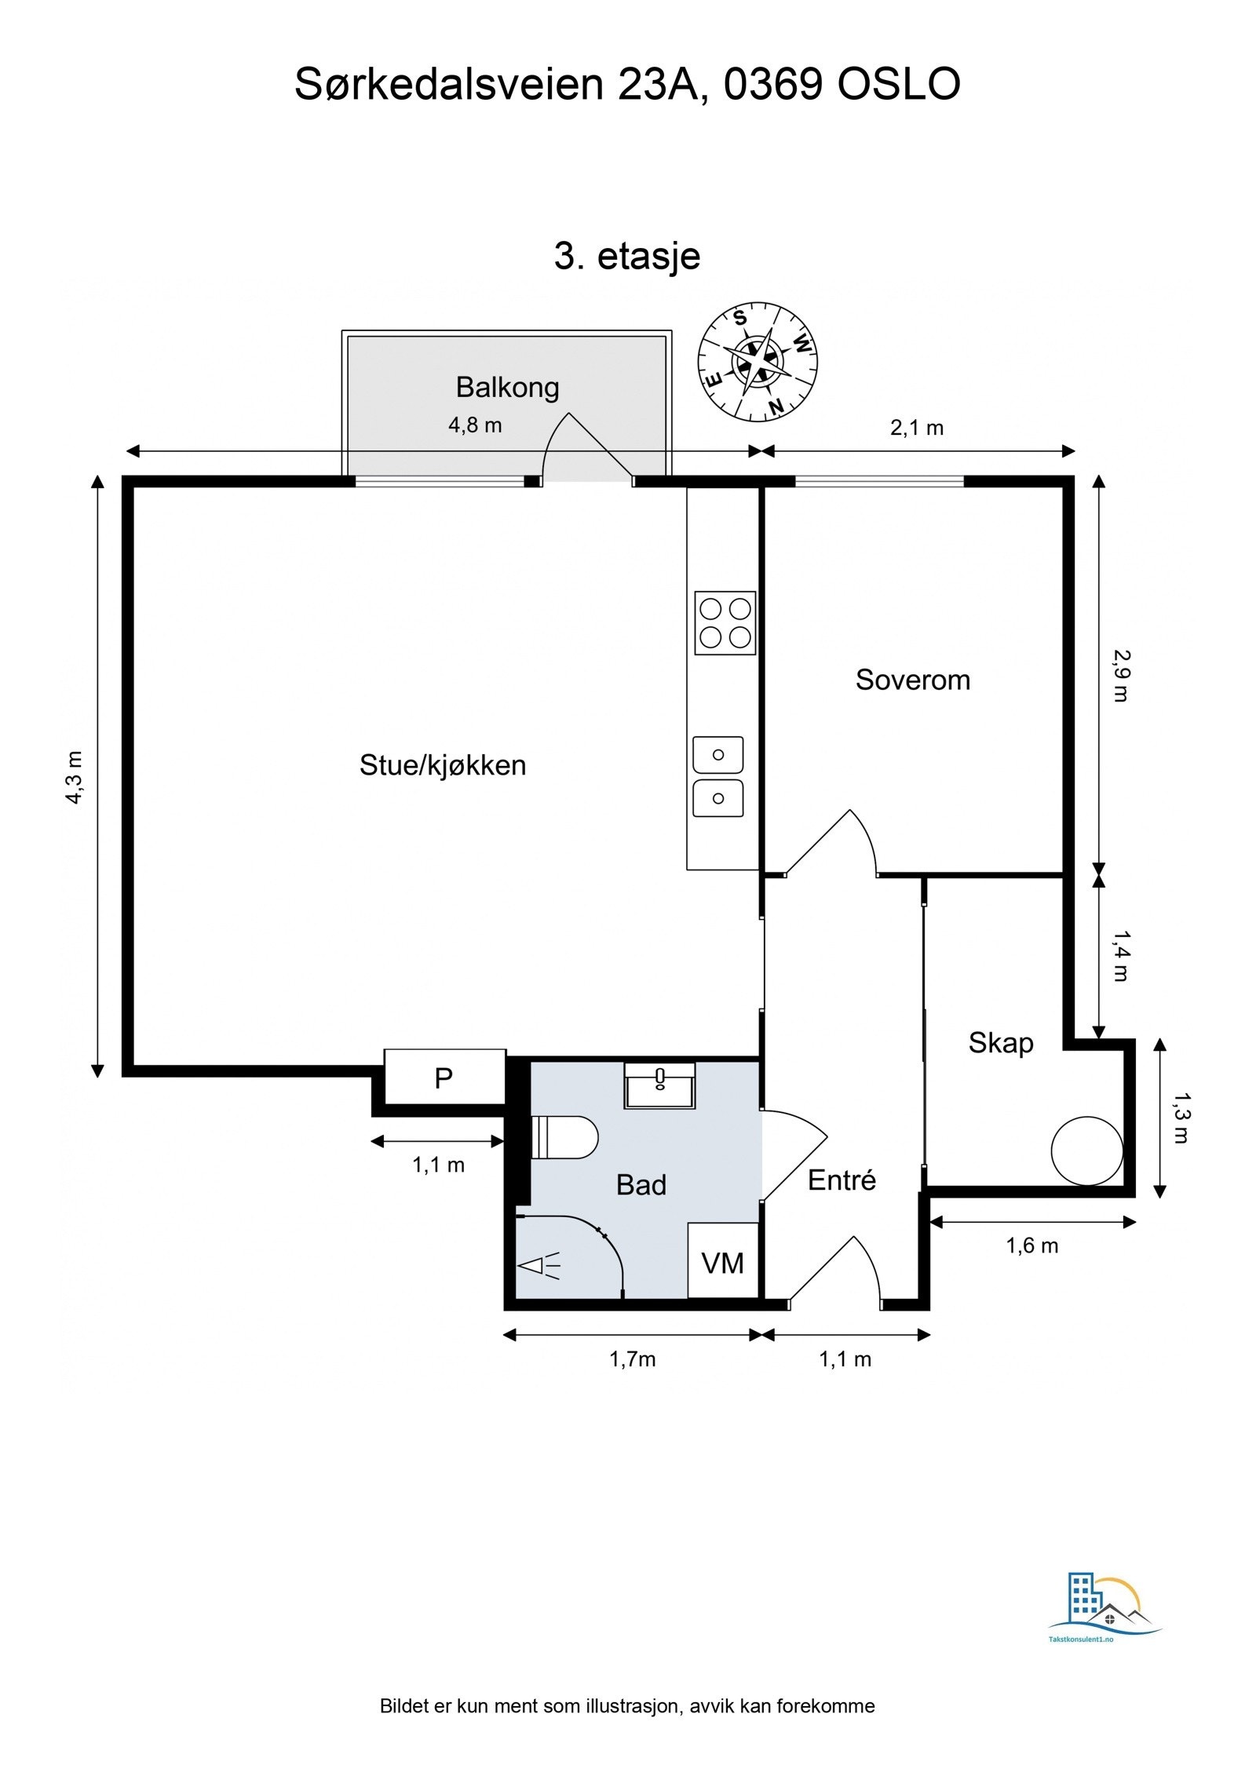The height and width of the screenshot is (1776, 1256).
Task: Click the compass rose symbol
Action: coord(758,362)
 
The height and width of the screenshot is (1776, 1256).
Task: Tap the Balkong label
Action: coord(507,387)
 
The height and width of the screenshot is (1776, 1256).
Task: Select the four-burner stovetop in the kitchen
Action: coord(725,622)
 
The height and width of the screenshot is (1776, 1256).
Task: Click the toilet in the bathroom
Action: coord(564,1137)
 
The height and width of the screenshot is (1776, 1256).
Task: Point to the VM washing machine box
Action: coord(723,1261)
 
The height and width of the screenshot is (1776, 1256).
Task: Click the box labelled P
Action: coord(444,1078)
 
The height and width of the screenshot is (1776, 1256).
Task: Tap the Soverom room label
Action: coord(913,680)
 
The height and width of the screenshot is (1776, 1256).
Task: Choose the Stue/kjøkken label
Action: coord(443,765)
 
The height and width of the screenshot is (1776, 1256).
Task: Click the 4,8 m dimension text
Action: coord(475,425)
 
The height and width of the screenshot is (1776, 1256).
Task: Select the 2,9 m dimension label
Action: coord(1120,676)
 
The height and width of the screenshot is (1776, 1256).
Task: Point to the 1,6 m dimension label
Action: coord(1032,1245)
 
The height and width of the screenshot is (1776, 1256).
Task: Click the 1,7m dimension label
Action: coord(633,1358)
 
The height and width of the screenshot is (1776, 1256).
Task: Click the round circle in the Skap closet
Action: coord(1087,1151)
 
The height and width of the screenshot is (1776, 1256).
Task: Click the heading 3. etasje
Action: coord(627,256)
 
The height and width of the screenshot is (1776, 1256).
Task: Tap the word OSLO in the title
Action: coord(898,84)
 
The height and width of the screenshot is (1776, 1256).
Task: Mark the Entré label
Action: coord(842,1180)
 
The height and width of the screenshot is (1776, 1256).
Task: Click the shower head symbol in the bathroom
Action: coord(539,1265)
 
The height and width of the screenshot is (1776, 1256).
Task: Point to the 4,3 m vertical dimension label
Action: coord(74,777)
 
